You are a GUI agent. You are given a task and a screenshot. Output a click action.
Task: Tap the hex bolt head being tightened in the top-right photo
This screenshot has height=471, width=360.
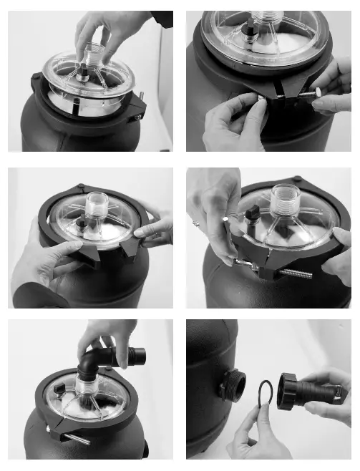[x=314, y=92]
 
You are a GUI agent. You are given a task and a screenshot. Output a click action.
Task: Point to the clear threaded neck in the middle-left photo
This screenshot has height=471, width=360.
[x=96, y=207]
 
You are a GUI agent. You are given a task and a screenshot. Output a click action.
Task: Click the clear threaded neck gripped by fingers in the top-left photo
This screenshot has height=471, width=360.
[x=93, y=54]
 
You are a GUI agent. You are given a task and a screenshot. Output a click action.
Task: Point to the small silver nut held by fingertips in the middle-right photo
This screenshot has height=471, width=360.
[x=227, y=218]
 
